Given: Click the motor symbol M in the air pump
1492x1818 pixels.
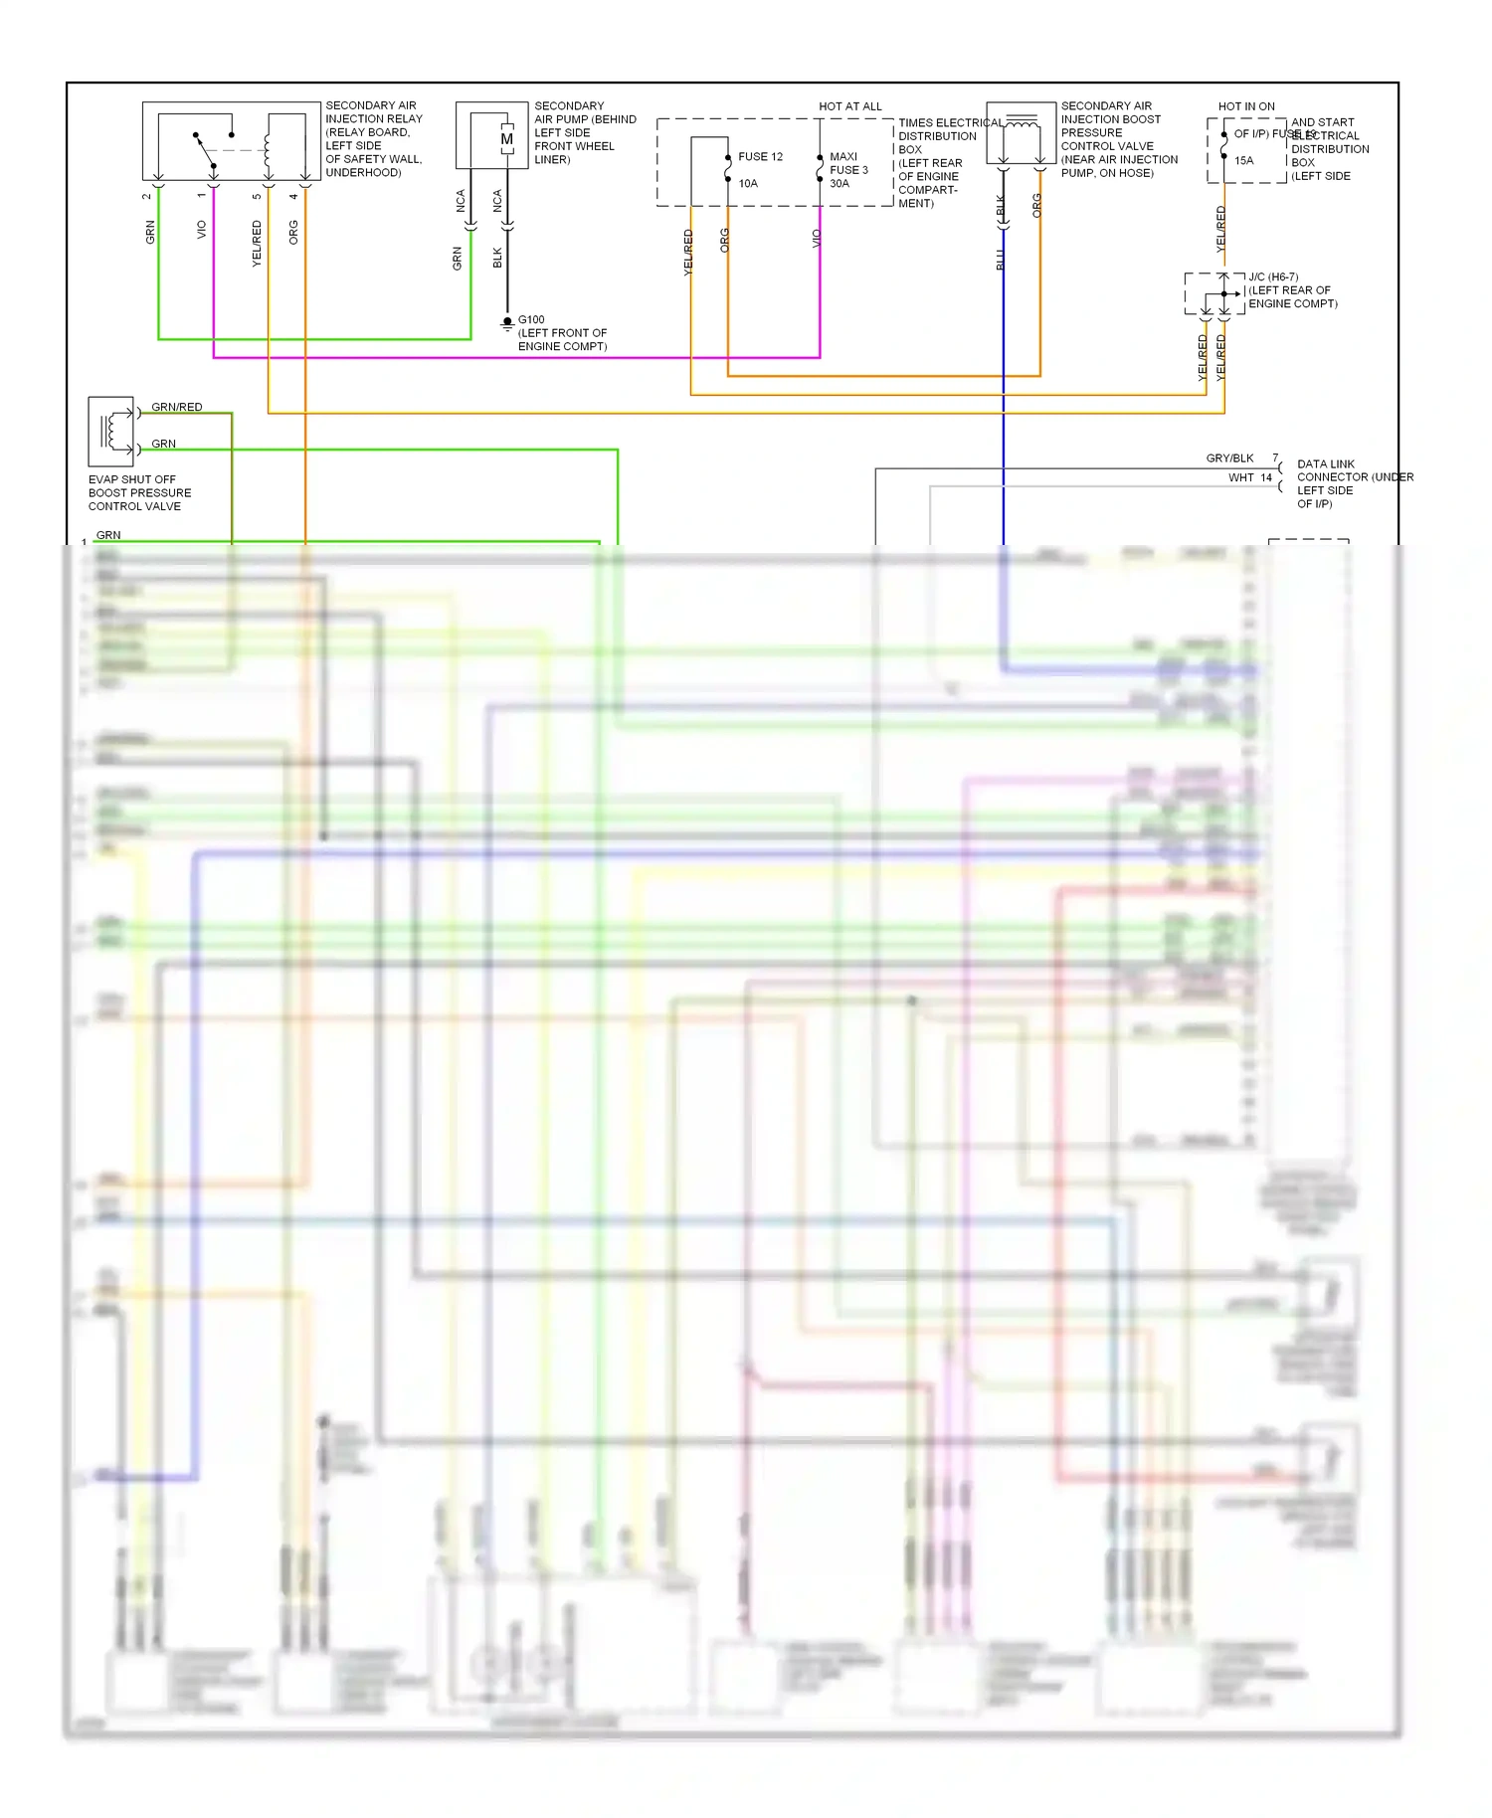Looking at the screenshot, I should pos(507,139).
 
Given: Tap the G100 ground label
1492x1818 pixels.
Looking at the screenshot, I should pos(531,320).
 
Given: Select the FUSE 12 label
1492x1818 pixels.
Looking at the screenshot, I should pos(760,157).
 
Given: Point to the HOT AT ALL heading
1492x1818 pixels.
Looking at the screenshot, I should pos(850,106).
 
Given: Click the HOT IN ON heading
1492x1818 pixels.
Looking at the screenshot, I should pos(1246,106).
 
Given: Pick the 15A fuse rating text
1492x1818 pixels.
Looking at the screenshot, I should pos(1244,160).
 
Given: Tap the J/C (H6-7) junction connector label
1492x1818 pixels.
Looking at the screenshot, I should pos(1273,277).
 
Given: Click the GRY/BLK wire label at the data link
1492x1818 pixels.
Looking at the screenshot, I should pos(1229,458).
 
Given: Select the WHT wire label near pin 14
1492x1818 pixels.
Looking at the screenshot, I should pos(1240,477).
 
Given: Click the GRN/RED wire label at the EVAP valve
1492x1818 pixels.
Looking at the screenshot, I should pos(177,407).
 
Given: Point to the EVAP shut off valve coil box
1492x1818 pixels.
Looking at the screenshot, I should pos(110,432).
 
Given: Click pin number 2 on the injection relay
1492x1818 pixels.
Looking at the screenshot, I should pos(147,196).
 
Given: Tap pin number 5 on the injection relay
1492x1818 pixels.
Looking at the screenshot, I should pos(257,196).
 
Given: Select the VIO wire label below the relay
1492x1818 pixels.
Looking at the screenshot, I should pos(202,230).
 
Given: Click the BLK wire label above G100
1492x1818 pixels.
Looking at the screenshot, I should pos(497,259).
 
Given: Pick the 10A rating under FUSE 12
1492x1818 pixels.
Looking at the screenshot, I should pos(748,183).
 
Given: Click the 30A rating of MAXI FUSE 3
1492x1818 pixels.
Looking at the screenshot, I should pos(839,183).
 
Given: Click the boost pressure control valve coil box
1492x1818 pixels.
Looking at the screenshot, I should pos(1021,133).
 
